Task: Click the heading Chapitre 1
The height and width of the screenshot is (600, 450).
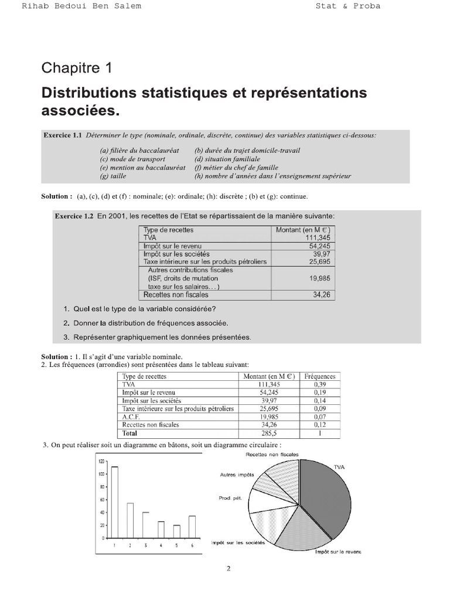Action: pos(76,68)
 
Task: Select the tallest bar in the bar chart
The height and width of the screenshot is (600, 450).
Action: pos(115,502)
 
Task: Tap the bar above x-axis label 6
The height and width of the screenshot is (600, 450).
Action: pos(192,526)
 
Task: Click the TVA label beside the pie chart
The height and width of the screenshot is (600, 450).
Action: pos(339,467)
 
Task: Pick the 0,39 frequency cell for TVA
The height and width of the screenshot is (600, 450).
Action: pos(320,384)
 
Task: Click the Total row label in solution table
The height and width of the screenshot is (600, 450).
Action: pos(129,433)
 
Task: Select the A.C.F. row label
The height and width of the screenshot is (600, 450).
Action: pos(132,417)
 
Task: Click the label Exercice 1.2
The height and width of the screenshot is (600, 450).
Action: pos(74,216)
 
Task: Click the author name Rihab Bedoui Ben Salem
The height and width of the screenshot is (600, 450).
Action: pos(81,6)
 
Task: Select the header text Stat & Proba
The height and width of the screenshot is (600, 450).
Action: pos(356,6)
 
